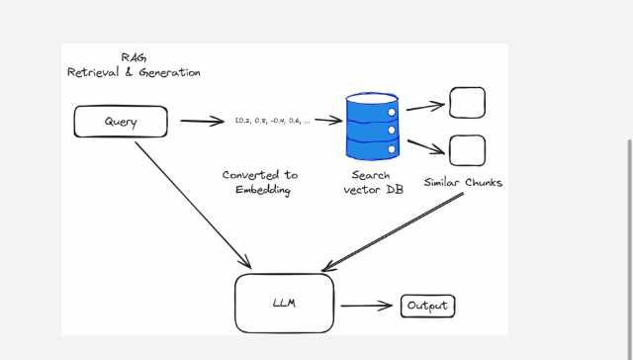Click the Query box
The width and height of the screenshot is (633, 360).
point(121,123)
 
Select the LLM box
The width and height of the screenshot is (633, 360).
point(284,304)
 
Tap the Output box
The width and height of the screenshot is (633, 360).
point(428,306)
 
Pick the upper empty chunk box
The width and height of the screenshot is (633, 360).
point(467,103)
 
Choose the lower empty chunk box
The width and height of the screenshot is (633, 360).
point(467,150)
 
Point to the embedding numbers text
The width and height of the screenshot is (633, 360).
point(272,121)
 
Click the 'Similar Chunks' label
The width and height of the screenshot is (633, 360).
point(463,182)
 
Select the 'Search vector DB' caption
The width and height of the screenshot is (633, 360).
point(370,182)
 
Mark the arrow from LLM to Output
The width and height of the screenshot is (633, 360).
point(367,306)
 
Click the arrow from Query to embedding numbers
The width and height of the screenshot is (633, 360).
point(202,123)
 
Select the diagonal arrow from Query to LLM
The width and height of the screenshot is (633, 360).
point(192,205)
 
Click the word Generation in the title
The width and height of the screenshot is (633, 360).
point(167,72)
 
